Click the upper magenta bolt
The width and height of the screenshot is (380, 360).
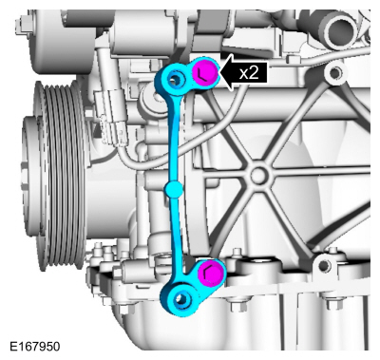pos(203,72)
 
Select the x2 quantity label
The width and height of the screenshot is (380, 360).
pos(248,70)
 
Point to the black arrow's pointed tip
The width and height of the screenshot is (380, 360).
pos(219,70)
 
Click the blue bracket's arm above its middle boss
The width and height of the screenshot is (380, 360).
pos(174,142)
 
